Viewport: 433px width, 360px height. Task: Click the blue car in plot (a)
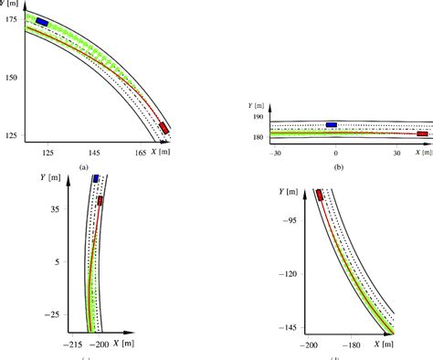[x=42, y=22]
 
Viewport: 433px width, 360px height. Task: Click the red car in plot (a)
[x=163, y=129]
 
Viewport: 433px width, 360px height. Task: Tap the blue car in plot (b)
[x=331, y=124]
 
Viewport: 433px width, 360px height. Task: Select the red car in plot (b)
[x=422, y=133]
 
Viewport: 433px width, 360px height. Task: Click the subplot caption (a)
[x=83, y=167]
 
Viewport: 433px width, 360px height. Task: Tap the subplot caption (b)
[x=338, y=167]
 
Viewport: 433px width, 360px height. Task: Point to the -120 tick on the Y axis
[x=290, y=272]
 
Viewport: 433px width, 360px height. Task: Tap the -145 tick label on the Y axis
[x=290, y=325]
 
